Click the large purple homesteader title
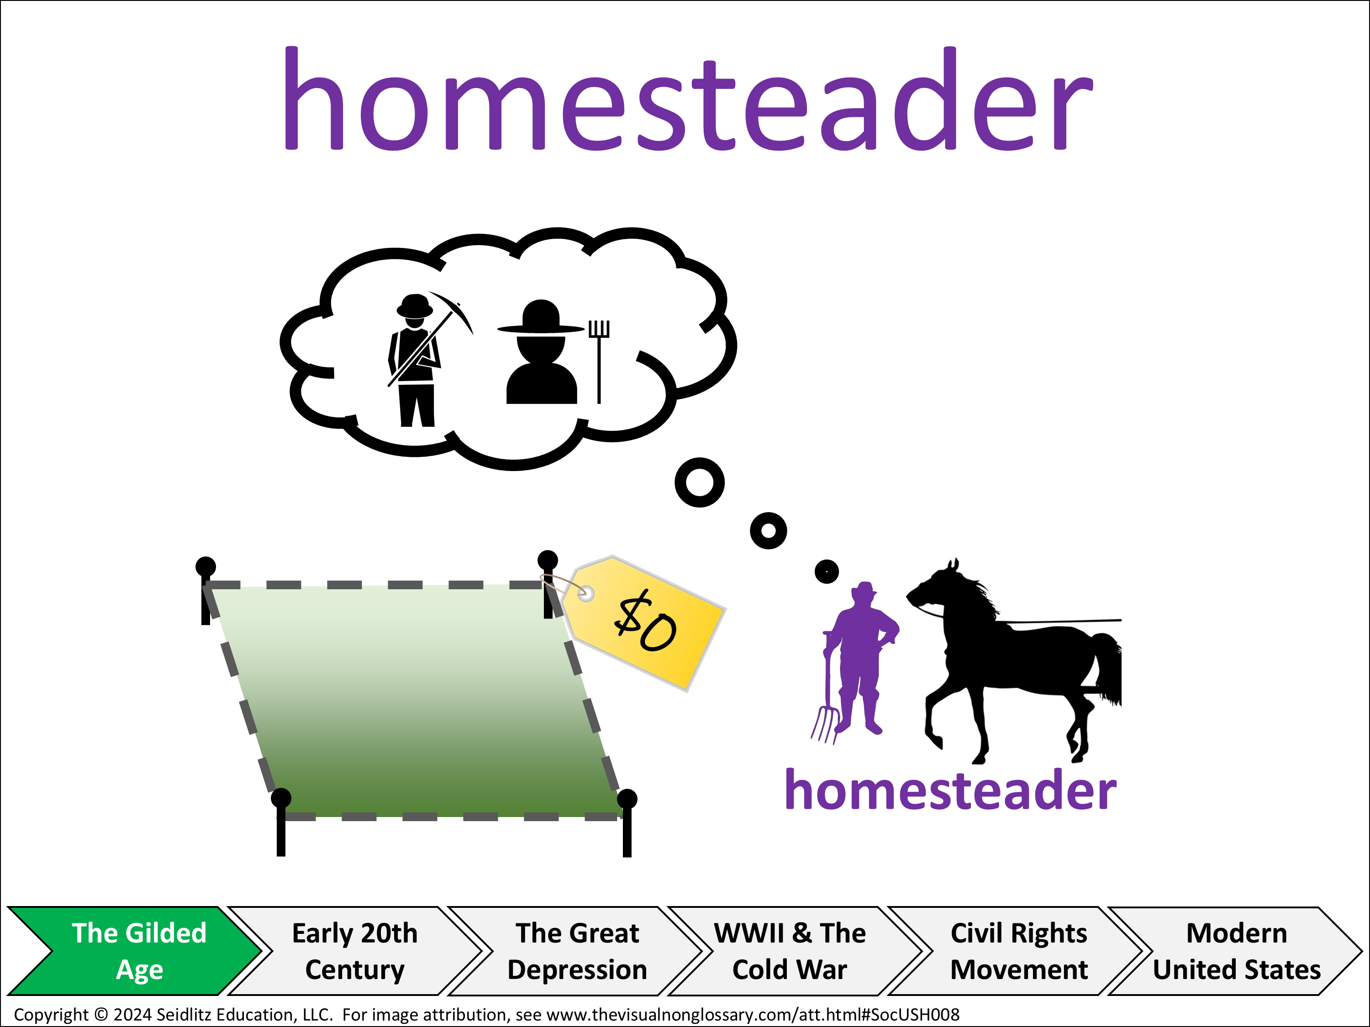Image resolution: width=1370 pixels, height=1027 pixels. coord(687,99)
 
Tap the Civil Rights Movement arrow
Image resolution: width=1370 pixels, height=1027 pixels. coord(1019,951)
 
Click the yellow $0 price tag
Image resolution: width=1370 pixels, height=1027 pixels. coord(644,623)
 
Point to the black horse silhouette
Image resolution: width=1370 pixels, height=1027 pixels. coord(1016,662)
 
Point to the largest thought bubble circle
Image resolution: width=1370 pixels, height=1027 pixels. coord(700,483)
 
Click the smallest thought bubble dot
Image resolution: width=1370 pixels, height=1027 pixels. coord(827,571)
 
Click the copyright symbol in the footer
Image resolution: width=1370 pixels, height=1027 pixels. coord(101,1015)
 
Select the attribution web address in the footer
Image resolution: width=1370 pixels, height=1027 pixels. coord(753,1015)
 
